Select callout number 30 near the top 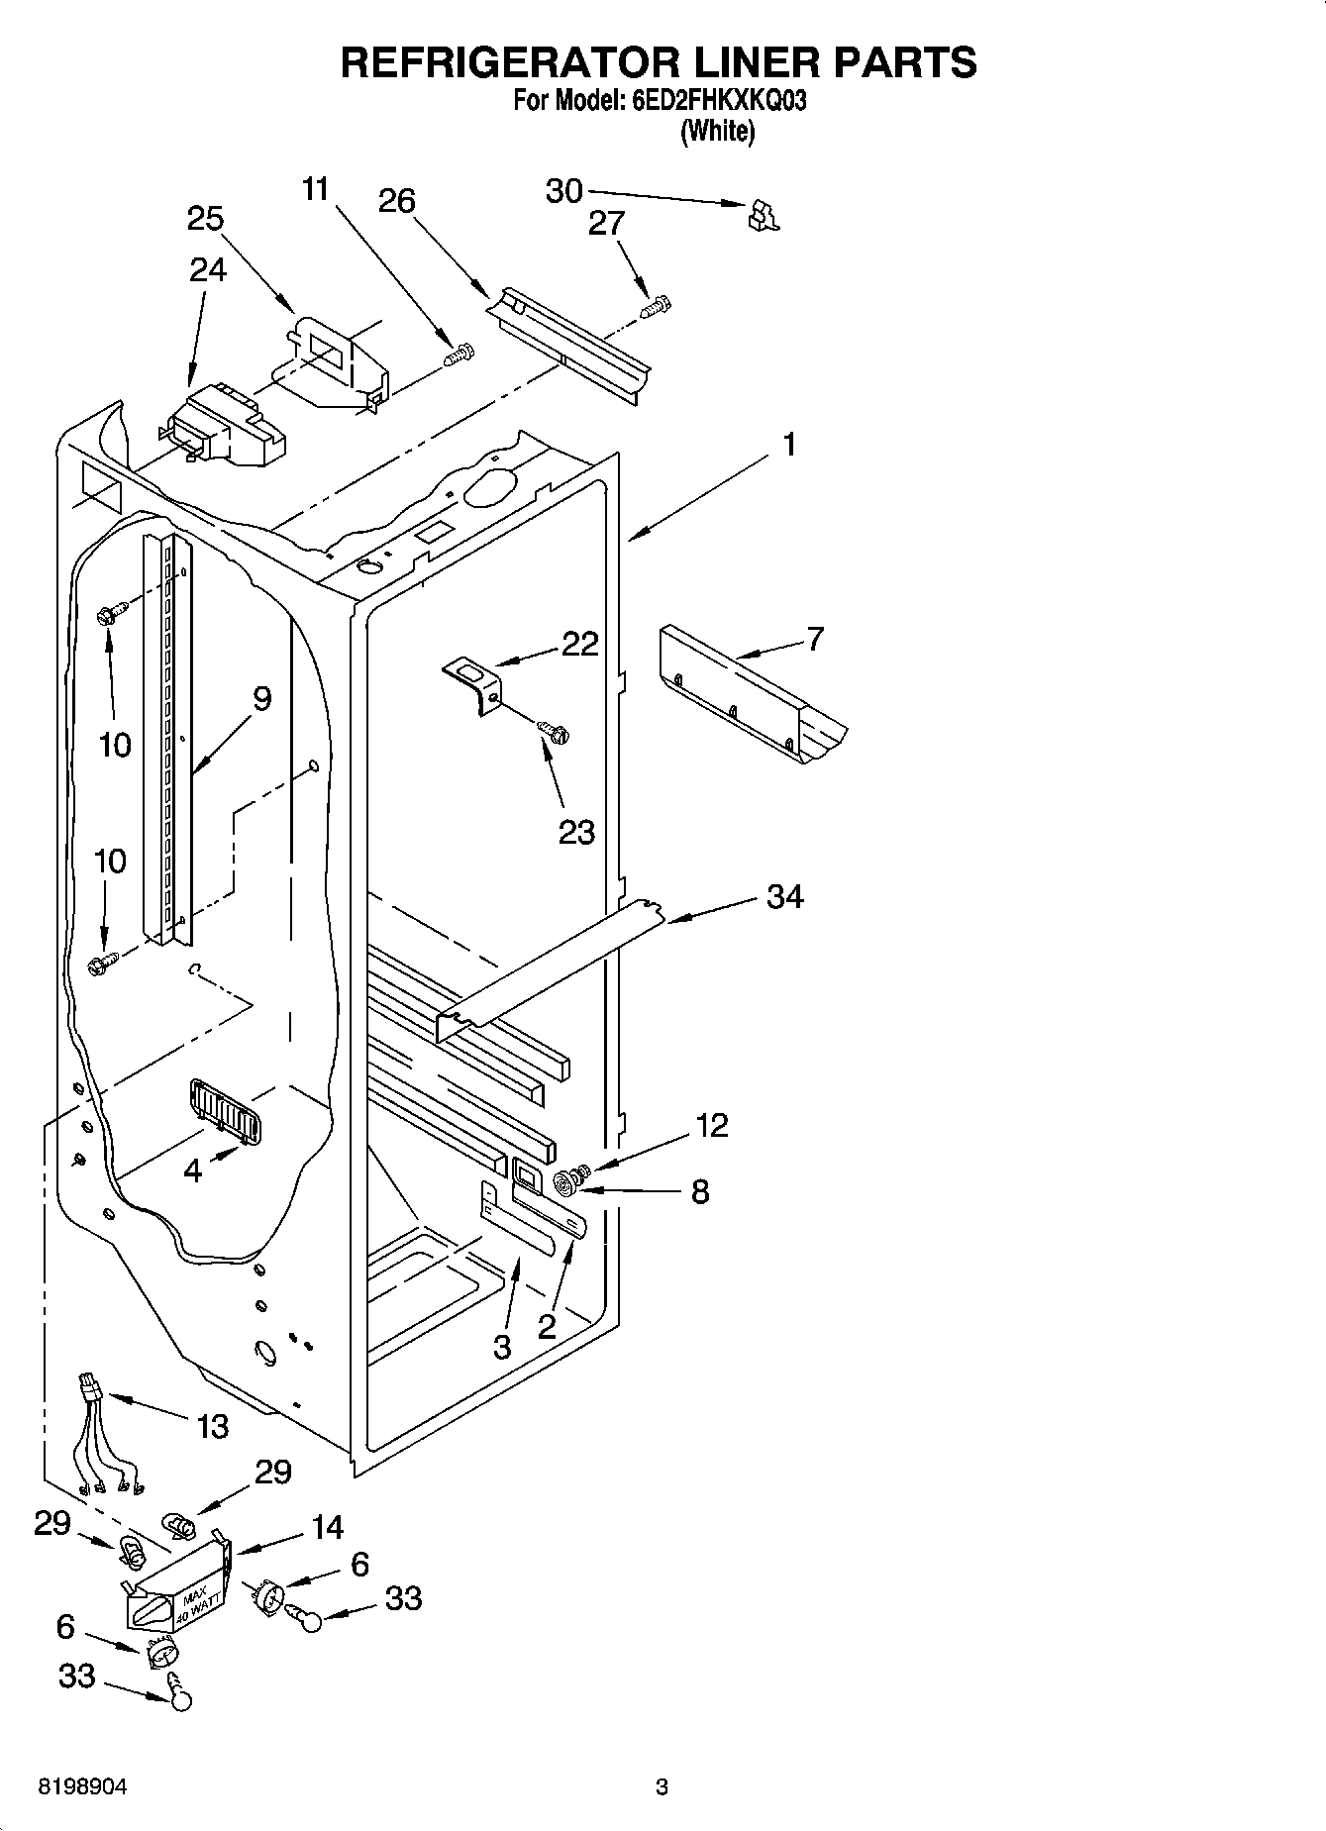[x=564, y=190]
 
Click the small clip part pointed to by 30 [x=763, y=215]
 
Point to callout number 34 [x=784, y=897]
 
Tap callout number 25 [x=205, y=219]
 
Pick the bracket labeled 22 [x=473, y=683]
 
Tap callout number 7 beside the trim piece [x=814, y=639]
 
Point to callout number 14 [x=327, y=1527]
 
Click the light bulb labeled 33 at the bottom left [x=179, y=1697]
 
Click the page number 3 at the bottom [x=662, y=1787]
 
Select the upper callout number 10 [x=115, y=744]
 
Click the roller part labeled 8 [x=567, y=1179]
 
